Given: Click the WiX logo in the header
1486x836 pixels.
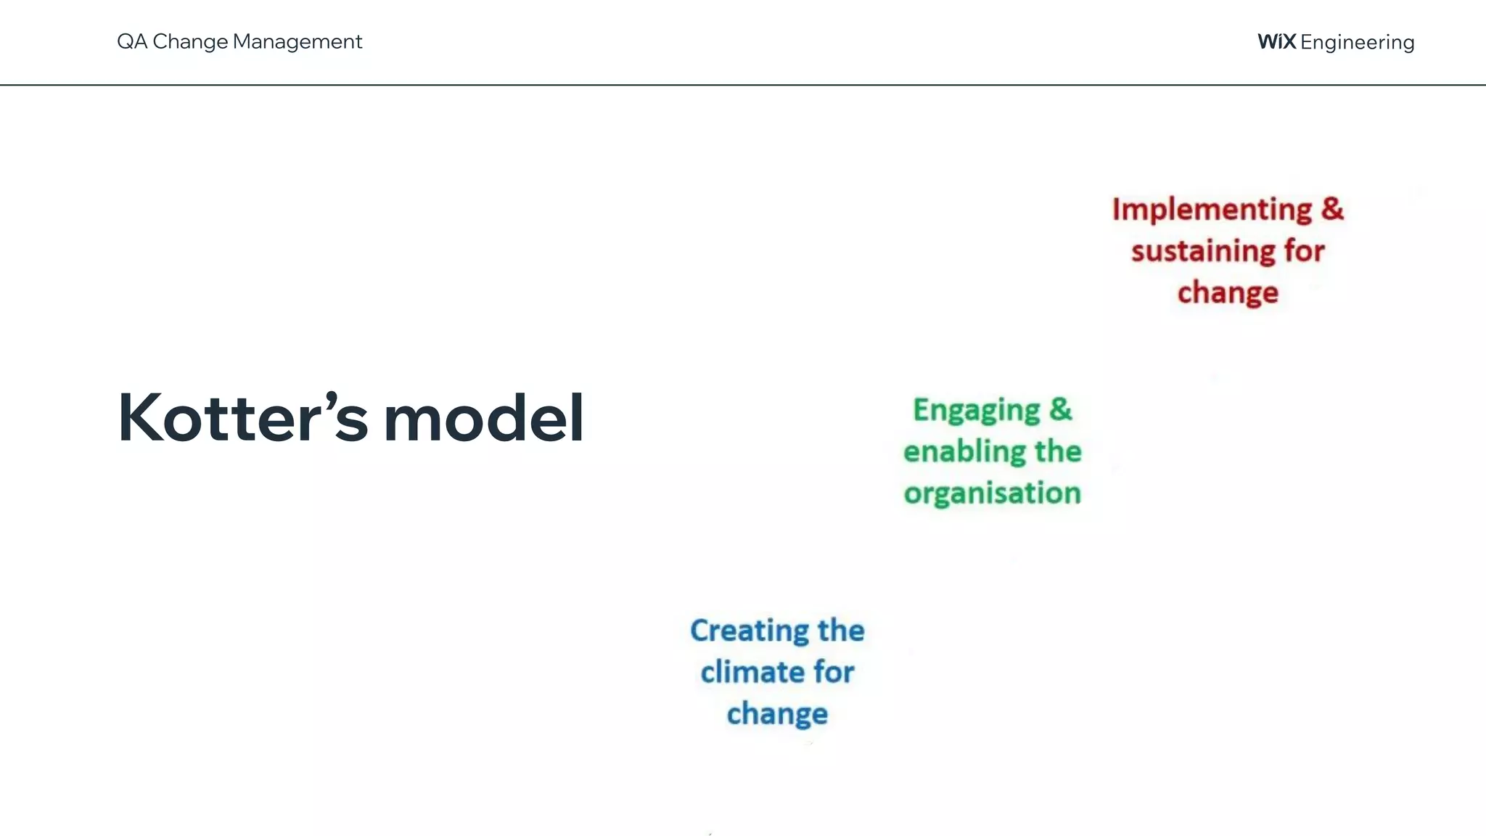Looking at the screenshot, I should click(x=1276, y=41).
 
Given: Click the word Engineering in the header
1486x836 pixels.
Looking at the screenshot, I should click(x=1358, y=42).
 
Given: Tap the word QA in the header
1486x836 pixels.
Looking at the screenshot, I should click(x=132, y=41).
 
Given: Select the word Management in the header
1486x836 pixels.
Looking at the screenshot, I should click(x=297, y=41).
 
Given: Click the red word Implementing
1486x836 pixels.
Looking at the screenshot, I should click(x=1212, y=210).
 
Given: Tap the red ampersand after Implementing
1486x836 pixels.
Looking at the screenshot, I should click(x=1332, y=208).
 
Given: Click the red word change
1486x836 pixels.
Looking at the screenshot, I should click(x=1228, y=293).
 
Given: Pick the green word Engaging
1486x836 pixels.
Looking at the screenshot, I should click(x=977, y=411).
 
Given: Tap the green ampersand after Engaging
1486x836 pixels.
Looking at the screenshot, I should click(x=1060, y=409).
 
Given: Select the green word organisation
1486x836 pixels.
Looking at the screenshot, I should click(x=992, y=493).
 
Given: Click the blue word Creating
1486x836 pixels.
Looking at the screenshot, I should click(x=749, y=631).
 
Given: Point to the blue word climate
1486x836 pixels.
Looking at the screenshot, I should click(x=752, y=672).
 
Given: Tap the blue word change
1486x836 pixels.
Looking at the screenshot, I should click(x=777, y=714).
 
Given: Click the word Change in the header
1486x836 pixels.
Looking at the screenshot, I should click(x=190, y=41).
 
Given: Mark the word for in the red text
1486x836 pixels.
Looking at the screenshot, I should click(x=1304, y=251).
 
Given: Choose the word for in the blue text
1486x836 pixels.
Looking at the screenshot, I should click(x=833, y=672).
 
